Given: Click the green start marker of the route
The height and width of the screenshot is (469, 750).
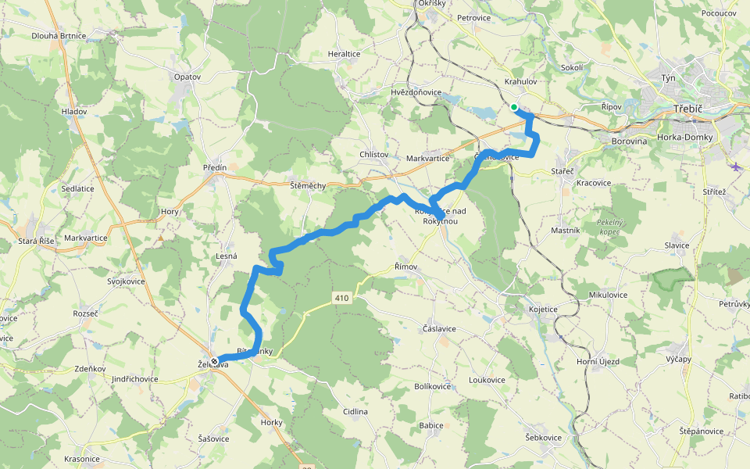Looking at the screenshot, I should pyautogui.click(x=514, y=108).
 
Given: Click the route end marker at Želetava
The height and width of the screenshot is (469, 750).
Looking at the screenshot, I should pyautogui.click(x=213, y=360).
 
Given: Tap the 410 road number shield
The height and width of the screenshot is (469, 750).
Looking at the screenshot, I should pyautogui.click(x=341, y=298).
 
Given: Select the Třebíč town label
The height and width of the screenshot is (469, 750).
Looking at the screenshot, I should pyautogui.click(x=689, y=109).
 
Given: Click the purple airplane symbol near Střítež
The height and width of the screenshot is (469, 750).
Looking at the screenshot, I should pyautogui.click(x=736, y=166).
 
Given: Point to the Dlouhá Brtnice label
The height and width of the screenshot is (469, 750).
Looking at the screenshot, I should pyautogui.click(x=59, y=36).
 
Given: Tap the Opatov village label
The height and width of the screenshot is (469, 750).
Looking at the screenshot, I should pyautogui.click(x=187, y=77).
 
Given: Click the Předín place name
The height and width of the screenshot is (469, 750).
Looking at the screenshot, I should pyautogui.click(x=214, y=167).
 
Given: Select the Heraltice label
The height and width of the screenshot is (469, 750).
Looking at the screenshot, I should pyautogui.click(x=344, y=54).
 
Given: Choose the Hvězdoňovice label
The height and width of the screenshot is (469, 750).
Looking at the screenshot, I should pyautogui.click(x=416, y=92).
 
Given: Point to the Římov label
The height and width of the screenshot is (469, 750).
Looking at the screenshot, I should pyautogui.click(x=405, y=267).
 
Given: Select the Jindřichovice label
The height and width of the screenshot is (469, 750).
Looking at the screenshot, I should pyautogui.click(x=134, y=379).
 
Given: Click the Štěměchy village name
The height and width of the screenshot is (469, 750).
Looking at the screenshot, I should pyautogui.click(x=307, y=185).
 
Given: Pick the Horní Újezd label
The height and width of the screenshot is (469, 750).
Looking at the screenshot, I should pyautogui.click(x=598, y=361).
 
